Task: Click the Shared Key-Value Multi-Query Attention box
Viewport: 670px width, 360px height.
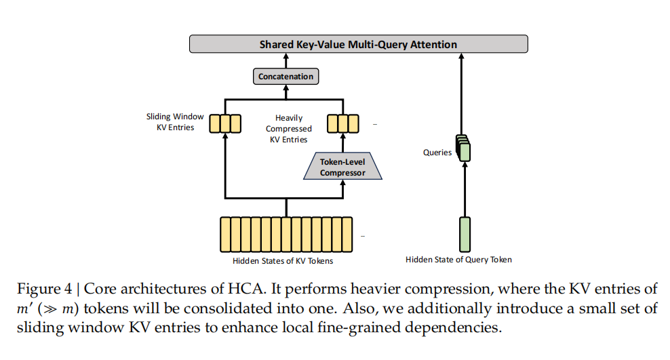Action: pos(358,45)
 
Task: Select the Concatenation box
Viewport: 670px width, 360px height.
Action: pos(285,77)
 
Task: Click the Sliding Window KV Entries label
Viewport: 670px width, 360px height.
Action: pos(175,122)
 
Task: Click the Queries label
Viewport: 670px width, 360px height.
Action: pos(437,153)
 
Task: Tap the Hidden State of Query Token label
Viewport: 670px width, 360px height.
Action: pos(458,260)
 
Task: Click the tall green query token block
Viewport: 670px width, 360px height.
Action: pos(465,234)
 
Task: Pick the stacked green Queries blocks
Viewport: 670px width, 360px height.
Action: pos(464,148)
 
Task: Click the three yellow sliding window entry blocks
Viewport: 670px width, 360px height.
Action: pos(225,123)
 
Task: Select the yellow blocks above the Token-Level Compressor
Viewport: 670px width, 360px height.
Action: pos(342,123)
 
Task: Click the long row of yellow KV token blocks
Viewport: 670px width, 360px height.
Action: pos(285,235)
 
